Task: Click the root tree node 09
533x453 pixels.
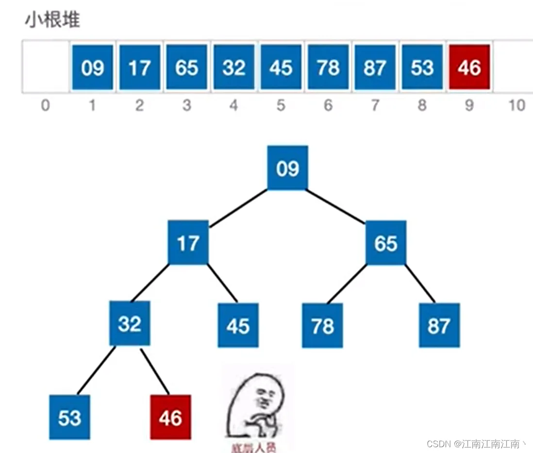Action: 287,168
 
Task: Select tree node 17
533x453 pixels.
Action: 188,243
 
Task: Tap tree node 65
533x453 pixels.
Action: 385,243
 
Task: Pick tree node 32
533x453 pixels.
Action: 129,323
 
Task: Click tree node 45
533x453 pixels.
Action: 238,325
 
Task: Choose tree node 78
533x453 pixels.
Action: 322,325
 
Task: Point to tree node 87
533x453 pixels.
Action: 439,325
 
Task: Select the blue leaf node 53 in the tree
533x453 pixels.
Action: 69,418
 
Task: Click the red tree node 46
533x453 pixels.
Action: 170,418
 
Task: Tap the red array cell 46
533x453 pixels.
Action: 469,67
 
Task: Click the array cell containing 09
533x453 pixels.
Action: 92,67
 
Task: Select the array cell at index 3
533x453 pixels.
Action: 187,67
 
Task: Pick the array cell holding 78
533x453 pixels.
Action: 328,67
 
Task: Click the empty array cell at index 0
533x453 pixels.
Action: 46,67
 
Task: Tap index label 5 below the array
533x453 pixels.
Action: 281,105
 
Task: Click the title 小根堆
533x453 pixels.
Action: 52,20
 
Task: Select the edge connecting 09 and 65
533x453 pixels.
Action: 336,206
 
